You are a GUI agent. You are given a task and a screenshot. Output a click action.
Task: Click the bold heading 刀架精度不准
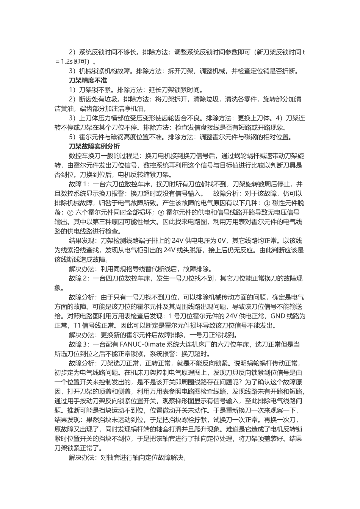pos(88,81)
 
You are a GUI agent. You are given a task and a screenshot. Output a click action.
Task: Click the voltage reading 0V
pos(223,240)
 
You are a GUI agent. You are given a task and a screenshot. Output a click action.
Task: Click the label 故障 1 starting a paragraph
pos(79,184)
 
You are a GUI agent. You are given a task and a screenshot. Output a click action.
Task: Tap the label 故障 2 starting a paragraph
pos(79,278)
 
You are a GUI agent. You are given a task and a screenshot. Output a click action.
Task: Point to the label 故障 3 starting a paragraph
pos(79,344)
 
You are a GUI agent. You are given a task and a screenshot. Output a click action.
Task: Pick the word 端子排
pos(146,240)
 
